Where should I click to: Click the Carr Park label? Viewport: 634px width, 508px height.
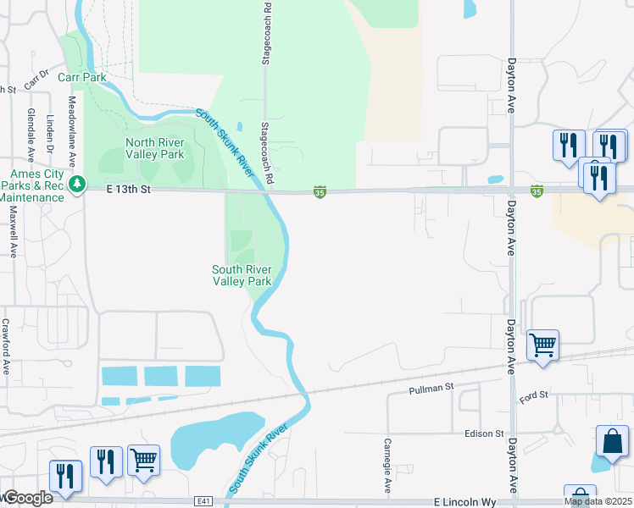tap(82, 77)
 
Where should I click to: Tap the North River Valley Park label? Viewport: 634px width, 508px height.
tap(154, 149)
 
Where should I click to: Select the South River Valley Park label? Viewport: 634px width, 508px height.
tap(242, 275)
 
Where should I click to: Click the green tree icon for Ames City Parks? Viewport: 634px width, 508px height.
tap(77, 184)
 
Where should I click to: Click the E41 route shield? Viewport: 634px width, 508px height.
tap(202, 501)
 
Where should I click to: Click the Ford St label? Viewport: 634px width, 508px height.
tap(535, 395)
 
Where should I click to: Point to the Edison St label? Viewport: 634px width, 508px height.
tap(484, 433)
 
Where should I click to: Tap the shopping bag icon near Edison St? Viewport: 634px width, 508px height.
tap(613, 441)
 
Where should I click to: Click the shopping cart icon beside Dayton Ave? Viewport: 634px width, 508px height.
tap(542, 345)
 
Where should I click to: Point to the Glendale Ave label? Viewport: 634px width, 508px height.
tap(31, 135)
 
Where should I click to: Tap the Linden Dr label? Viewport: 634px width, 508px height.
tap(51, 134)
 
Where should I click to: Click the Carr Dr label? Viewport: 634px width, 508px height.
tap(36, 80)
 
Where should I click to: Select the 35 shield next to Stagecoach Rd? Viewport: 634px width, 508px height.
tap(320, 193)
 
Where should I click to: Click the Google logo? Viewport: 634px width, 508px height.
tap(29, 498)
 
